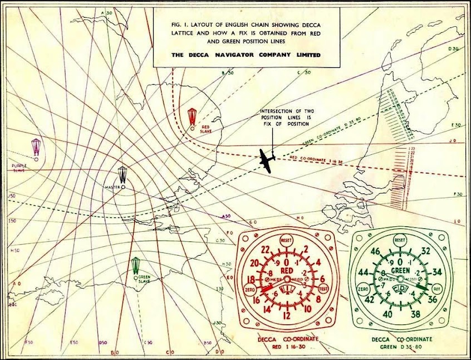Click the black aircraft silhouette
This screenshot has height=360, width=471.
point(267,160)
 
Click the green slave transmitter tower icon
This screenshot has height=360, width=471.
point(136,266)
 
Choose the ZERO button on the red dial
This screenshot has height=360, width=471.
point(250,289)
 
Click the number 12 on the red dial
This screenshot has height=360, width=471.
point(287,316)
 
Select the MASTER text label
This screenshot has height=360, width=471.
point(112,187)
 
